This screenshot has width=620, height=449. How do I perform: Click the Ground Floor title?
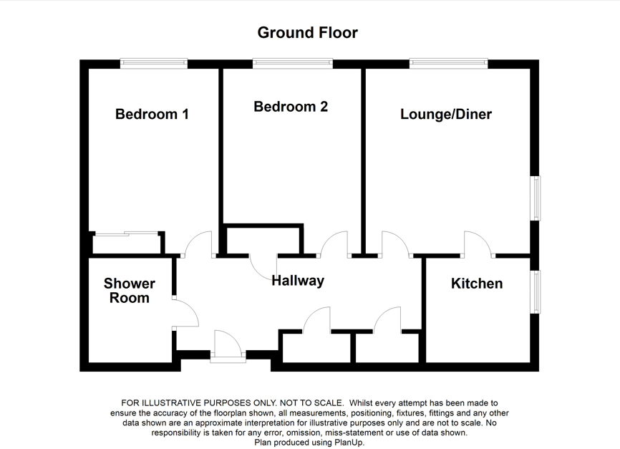(307, 32)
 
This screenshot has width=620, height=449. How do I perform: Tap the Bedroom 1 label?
(152, 114)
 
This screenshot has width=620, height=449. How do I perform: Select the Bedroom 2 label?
(291, 107)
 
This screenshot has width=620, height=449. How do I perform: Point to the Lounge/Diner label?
(446, 114)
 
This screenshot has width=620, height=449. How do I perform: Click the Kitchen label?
(476, 284)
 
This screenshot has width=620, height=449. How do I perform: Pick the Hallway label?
(298, 281)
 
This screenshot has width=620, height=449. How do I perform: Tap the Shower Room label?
(129, 291)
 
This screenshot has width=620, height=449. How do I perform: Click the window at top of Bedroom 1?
(153, 64)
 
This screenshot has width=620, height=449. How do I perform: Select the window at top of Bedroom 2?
(292, 64)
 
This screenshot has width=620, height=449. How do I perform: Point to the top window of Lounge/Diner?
(449, 64)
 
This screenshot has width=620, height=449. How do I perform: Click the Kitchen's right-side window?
(535, 291)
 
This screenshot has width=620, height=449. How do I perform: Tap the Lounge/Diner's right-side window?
(535, 198)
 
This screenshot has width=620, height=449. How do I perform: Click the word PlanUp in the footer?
(348, 443)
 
